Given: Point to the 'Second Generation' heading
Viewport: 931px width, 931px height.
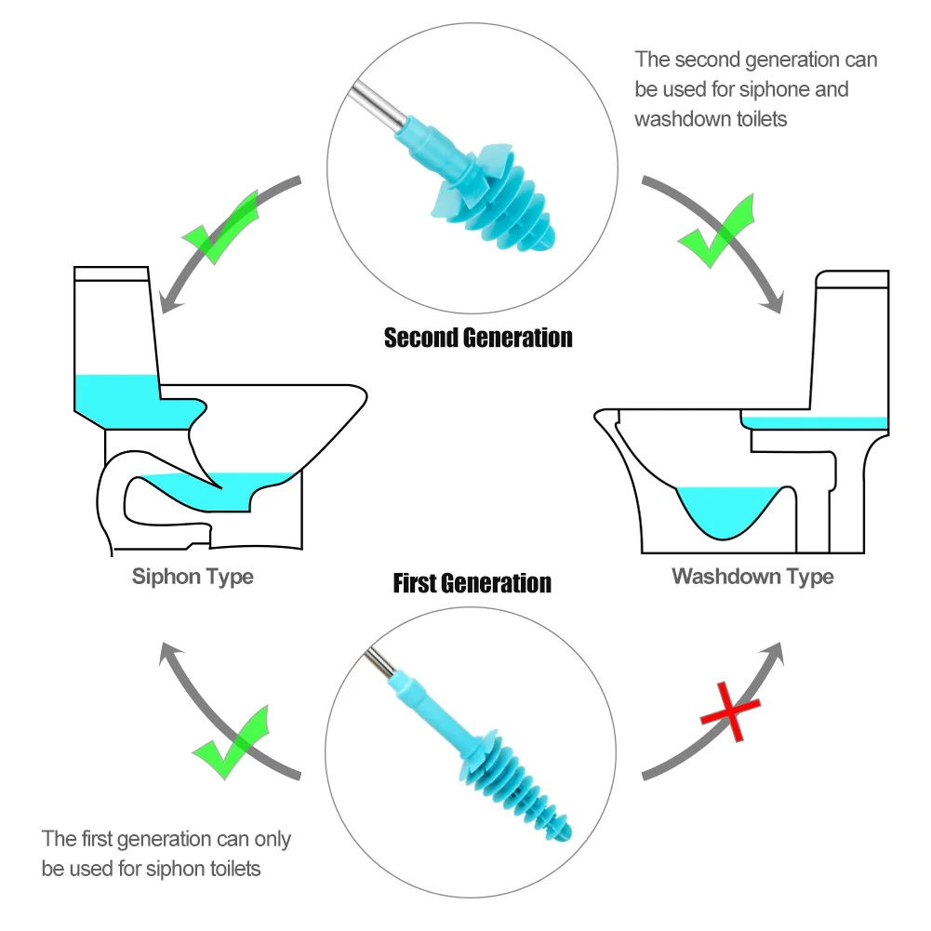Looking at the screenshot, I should tap(478, 337).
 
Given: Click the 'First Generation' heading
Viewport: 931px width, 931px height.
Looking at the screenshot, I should tap(472, 583).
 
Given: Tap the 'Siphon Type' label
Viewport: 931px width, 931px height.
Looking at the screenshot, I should tap(193, 577).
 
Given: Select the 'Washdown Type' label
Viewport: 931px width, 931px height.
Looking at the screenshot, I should tap(752, 577).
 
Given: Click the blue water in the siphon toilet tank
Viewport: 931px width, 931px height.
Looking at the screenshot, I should tap(116, 392).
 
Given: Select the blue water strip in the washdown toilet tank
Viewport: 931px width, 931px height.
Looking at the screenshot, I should tap(817, 422).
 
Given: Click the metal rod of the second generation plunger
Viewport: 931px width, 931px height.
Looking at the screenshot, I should tap(376, 105).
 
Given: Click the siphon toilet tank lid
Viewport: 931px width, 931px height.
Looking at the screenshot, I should tap(112, 274).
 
